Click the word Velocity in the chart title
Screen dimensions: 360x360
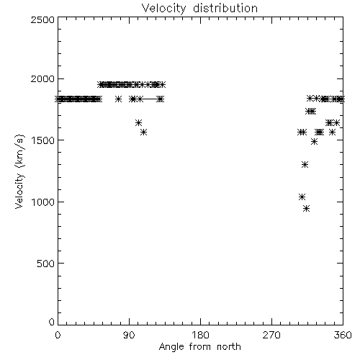[x=163, y=9]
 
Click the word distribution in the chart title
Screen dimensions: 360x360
[x=225, y=8]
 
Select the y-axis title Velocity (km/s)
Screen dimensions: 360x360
[x=19, y=171]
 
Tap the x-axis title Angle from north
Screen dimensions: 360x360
[x=199, y=346]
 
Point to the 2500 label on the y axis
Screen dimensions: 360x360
[x=42, y=19]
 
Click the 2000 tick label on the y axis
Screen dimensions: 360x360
[x=42, y=78]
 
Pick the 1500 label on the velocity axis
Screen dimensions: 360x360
[x=43, y=140]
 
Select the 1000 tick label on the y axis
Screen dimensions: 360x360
[x=43, y=202]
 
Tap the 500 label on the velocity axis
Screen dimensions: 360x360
[x=45, y=264]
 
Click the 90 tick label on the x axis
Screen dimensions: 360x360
[x=129, y=335]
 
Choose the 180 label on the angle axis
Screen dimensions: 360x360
[x=200, y=335]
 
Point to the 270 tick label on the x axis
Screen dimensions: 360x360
[x=271, y=335]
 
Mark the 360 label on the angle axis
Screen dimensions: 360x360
[x=343, y=335]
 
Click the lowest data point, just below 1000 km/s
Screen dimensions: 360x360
[x=306, y=208]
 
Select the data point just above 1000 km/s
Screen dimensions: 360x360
[x=302, y=197]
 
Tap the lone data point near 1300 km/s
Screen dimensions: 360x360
[x=305, y=164]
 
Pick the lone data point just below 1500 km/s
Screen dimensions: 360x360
[x=314, y=142]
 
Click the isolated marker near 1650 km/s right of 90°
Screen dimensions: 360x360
[x=138, y=123]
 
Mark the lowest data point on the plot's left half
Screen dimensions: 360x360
[x=143, y=132]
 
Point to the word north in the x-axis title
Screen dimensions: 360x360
[x=229, y=346]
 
